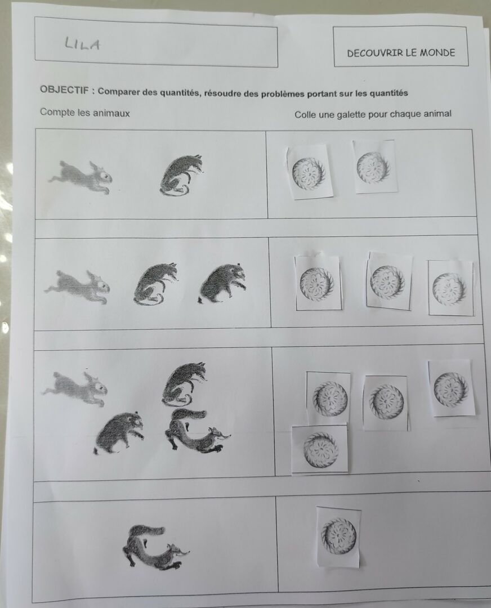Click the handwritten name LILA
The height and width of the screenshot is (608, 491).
(82, 44)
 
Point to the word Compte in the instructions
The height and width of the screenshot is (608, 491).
(57, 113)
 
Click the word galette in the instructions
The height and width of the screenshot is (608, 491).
(351, 114)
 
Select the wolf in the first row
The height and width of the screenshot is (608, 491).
(181, 175)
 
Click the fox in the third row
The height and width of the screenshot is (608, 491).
(197, 431)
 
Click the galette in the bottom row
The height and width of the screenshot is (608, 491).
(339, 537)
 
